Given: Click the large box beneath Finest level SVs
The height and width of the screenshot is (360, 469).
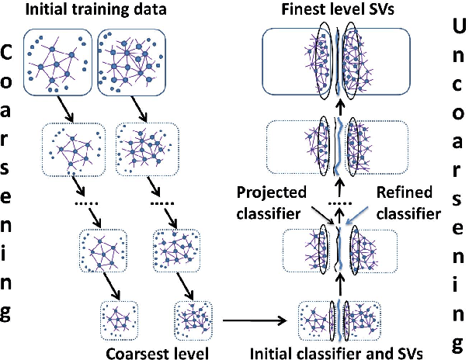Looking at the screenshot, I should click(x=340, y=61).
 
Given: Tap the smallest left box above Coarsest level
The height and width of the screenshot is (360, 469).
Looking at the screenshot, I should click(x=116, y=319).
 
